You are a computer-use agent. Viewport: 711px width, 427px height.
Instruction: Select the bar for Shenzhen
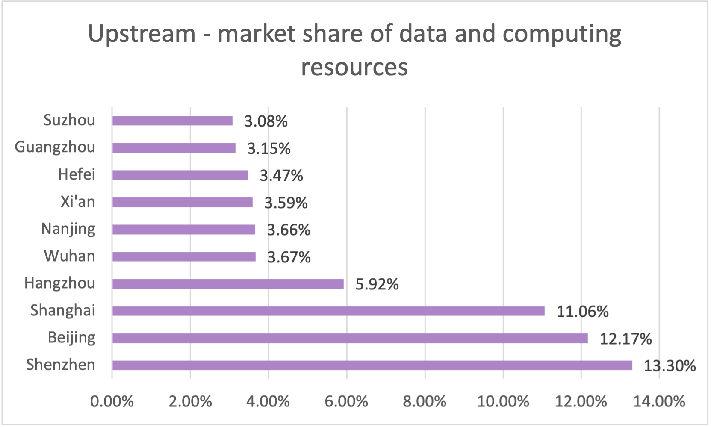tap(372, 365)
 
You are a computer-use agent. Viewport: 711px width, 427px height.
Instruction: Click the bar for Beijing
tap(350, 338)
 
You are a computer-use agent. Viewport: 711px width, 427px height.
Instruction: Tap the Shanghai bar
tap(328, 311)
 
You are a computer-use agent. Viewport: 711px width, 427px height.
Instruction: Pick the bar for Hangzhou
tap(228, 284)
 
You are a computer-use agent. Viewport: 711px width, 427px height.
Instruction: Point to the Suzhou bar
tap(172, 121)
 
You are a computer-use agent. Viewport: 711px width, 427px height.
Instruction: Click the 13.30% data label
tap(670, 366)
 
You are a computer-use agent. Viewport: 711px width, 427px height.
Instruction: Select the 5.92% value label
tap(377, 284)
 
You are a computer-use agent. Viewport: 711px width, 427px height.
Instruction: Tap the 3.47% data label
tap(281, 176)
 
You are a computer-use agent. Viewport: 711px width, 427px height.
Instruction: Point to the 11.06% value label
tap(582, 312)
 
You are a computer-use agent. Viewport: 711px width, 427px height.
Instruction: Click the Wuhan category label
tap(70, 256)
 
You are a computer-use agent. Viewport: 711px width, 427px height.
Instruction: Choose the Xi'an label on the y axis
tap(78, 202)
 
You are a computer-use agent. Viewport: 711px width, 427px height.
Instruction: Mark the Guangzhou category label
tap(55, 147)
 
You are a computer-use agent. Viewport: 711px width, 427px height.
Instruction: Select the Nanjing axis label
tap(68, 229)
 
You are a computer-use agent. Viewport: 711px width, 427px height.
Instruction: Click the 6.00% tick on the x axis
tap(346, 401)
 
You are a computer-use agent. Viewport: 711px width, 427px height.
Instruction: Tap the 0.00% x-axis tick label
tap(112, 401)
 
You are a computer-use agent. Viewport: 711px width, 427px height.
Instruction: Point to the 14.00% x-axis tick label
tap(659, 401)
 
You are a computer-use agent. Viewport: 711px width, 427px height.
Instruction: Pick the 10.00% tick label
tap(503, 401)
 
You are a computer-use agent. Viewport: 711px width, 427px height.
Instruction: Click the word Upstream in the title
tap(142, 34)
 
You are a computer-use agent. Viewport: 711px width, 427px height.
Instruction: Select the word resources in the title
tap(354, 68)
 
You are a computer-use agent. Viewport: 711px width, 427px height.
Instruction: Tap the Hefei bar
tap(180, 175)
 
